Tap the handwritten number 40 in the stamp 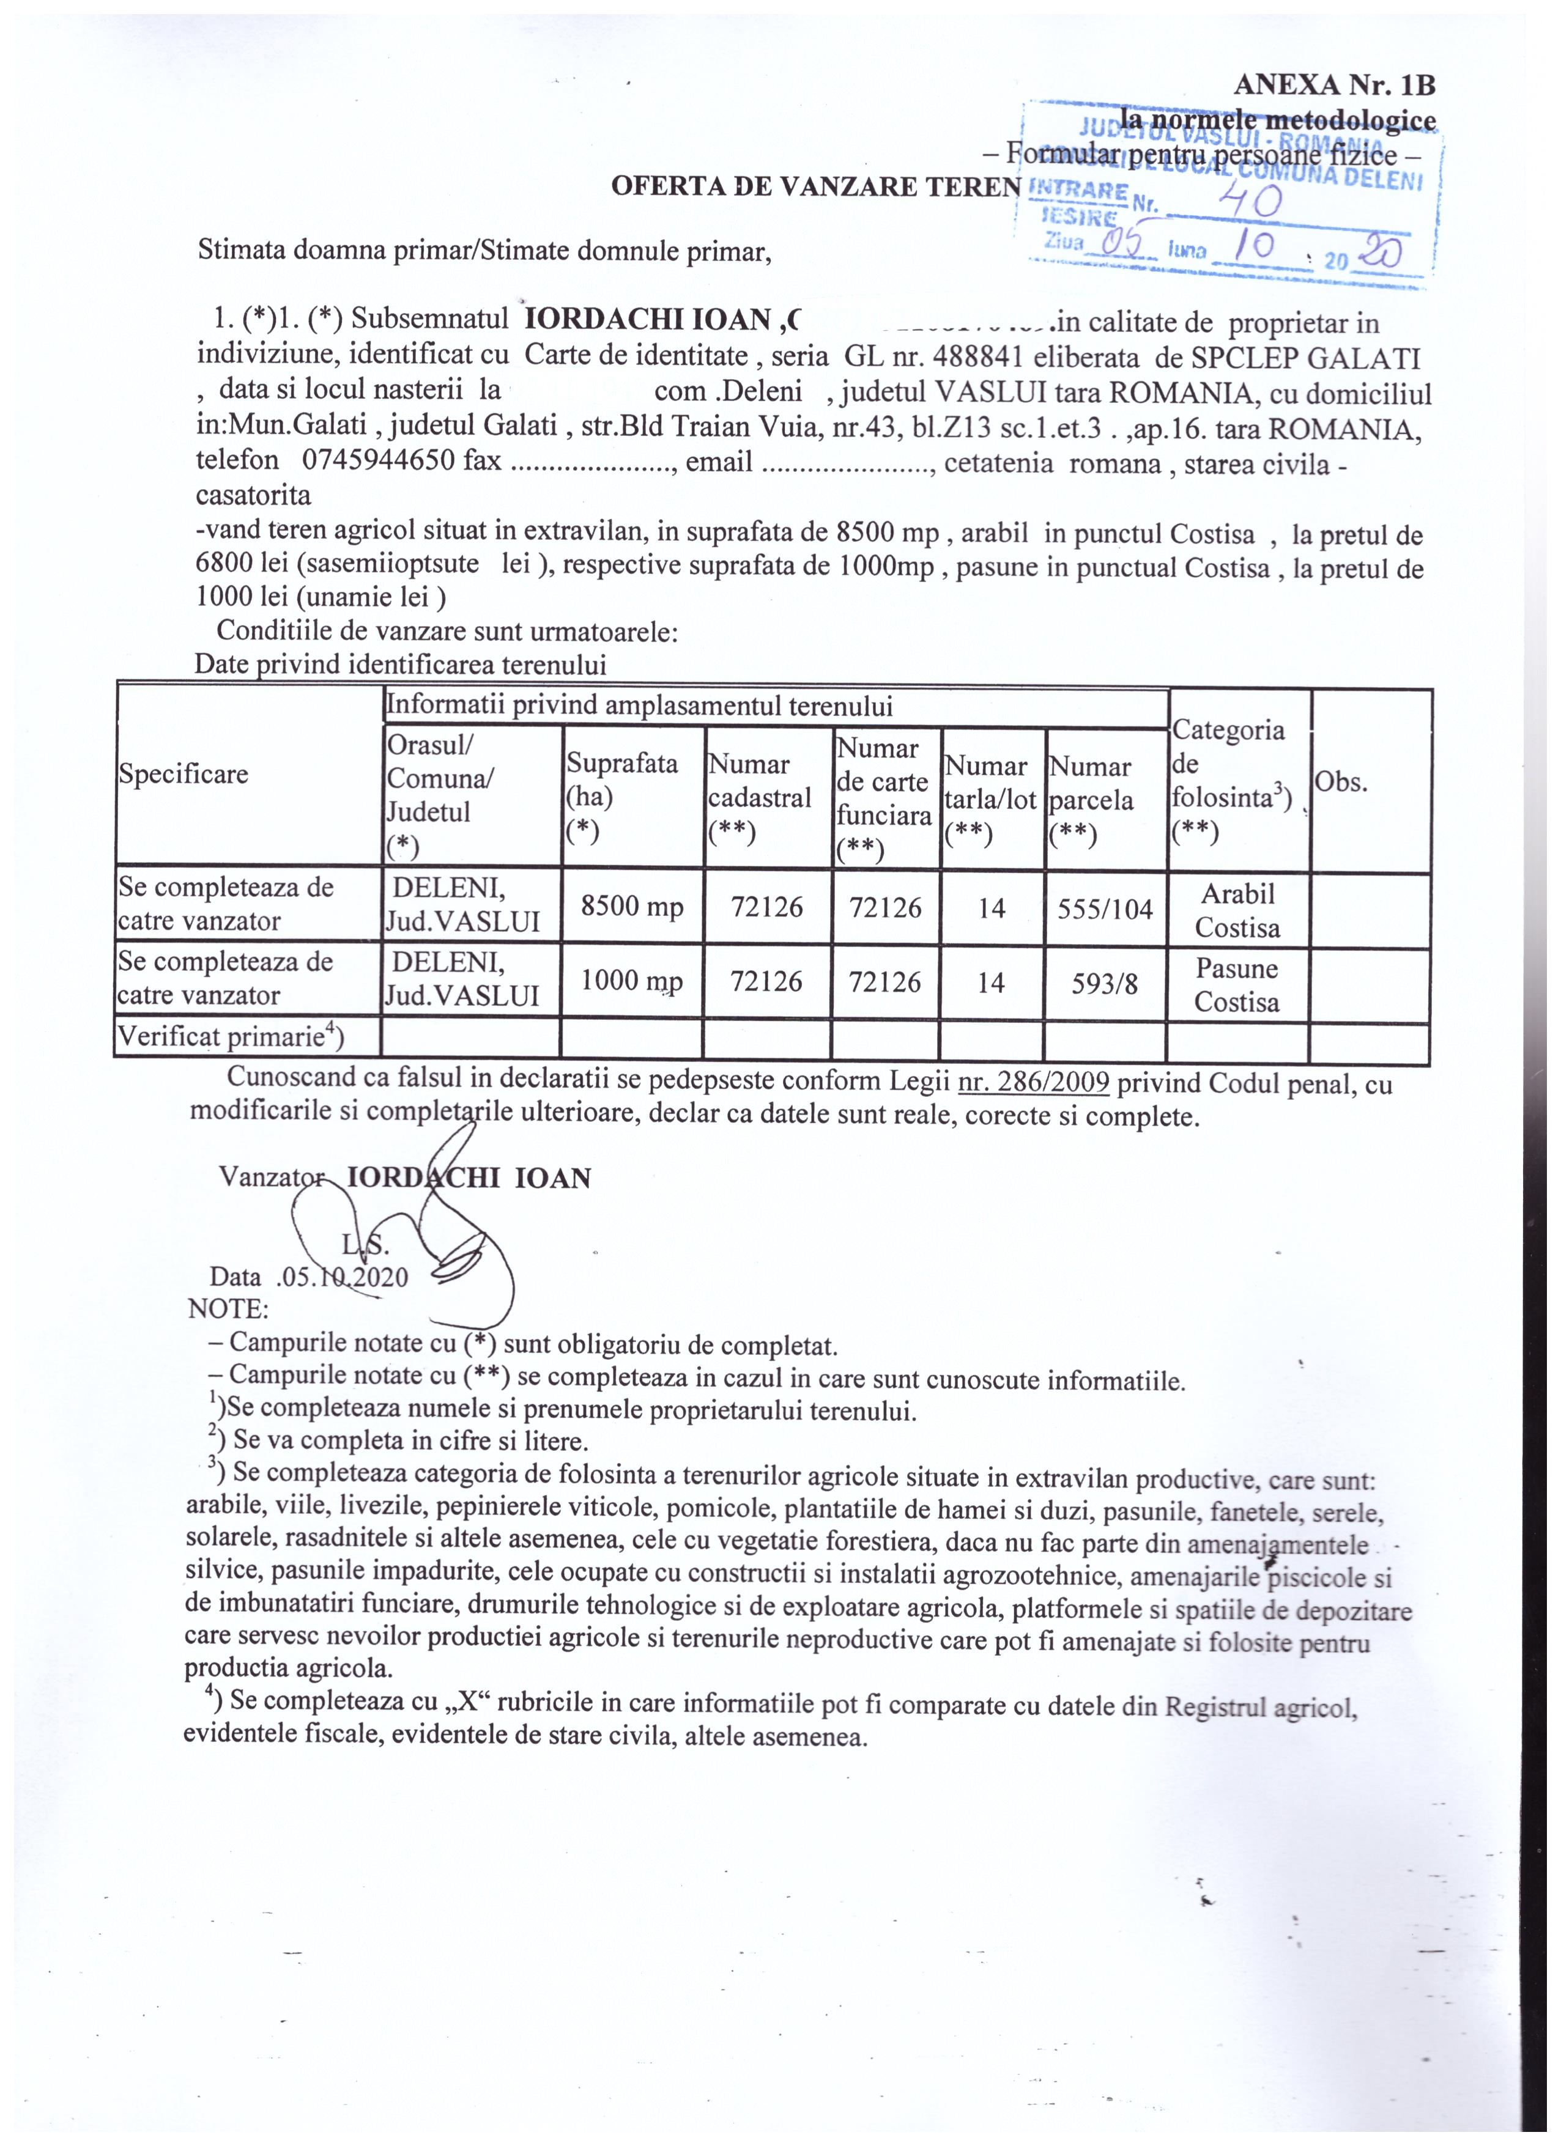(x=1250, y=201)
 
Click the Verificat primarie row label (x=230, y=1038)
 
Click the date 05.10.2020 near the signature (x=343, y=1277)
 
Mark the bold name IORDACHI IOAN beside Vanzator (x=469, y=1178)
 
